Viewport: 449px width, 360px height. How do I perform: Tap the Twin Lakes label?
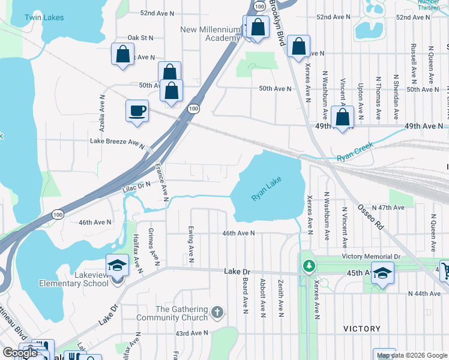pos(44,17)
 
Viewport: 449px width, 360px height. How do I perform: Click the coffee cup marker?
pos(137,110)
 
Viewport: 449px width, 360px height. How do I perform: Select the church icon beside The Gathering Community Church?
pos(217,312)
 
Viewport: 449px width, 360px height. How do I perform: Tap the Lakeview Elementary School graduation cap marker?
pos(118,265)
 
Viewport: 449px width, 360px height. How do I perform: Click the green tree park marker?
pos(309,265)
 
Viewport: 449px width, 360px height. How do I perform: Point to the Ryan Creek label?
pos(355,151)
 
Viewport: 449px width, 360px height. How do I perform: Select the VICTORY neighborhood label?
pos(362,329)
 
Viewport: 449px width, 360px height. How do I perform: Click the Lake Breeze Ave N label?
pos(118,142)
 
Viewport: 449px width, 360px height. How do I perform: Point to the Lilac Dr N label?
pos(136,187)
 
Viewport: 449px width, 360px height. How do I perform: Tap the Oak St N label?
pos(141,37)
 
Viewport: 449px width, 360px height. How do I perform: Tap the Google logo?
pos(21,353)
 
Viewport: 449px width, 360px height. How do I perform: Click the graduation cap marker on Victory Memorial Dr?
pos(382,273)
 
